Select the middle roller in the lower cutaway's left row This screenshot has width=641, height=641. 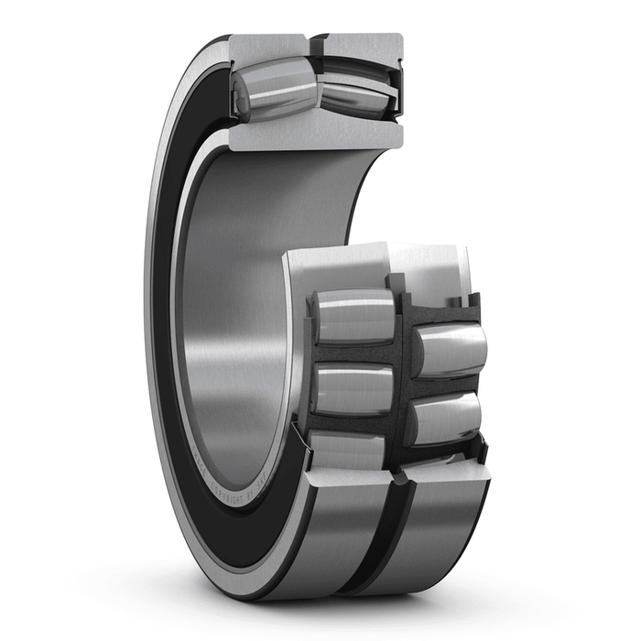click(x=355, y=388)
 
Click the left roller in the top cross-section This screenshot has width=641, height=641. click(x=275, y=89)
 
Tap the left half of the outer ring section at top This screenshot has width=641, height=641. click(x=266, y=46)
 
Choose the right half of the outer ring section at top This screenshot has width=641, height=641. click(x=362, y=46)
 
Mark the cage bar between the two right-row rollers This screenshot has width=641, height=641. click(x=446, y=385)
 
